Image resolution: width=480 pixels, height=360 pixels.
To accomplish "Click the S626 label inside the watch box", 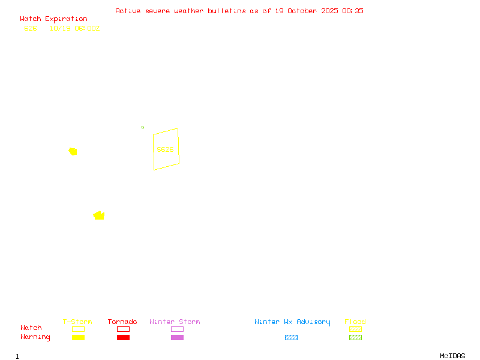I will point(165,149).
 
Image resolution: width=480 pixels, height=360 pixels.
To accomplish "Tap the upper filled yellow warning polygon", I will point(73,151).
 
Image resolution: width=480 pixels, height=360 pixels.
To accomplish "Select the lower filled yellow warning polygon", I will point(99,215).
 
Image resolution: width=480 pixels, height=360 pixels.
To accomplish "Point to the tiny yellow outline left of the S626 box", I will point(142,127).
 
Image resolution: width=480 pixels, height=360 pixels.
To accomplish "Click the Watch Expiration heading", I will point(53,19).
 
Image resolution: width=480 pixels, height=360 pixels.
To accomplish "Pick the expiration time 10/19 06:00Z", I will point(74,28).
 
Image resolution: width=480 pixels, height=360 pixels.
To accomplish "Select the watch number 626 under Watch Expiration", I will point(31,28).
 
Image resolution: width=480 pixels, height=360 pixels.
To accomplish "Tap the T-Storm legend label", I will point(77,322).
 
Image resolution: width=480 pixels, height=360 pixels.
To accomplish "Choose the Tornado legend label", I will point(122,322).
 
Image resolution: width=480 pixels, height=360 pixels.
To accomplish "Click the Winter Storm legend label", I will point(175,322).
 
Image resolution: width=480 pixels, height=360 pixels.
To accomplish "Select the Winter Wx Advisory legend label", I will point(292,322).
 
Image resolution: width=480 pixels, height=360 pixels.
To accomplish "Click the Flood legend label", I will point(355,322).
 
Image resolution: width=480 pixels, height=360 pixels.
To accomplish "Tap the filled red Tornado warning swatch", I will point(123,337).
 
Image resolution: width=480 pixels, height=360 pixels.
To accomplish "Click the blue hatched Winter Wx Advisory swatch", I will point(291,337).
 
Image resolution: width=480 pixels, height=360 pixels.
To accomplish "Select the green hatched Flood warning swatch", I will point(355,337).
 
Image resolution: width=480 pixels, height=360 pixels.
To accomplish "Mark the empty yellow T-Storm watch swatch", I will point(78,329).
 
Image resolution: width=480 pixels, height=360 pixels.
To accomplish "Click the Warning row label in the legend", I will point(35,337).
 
